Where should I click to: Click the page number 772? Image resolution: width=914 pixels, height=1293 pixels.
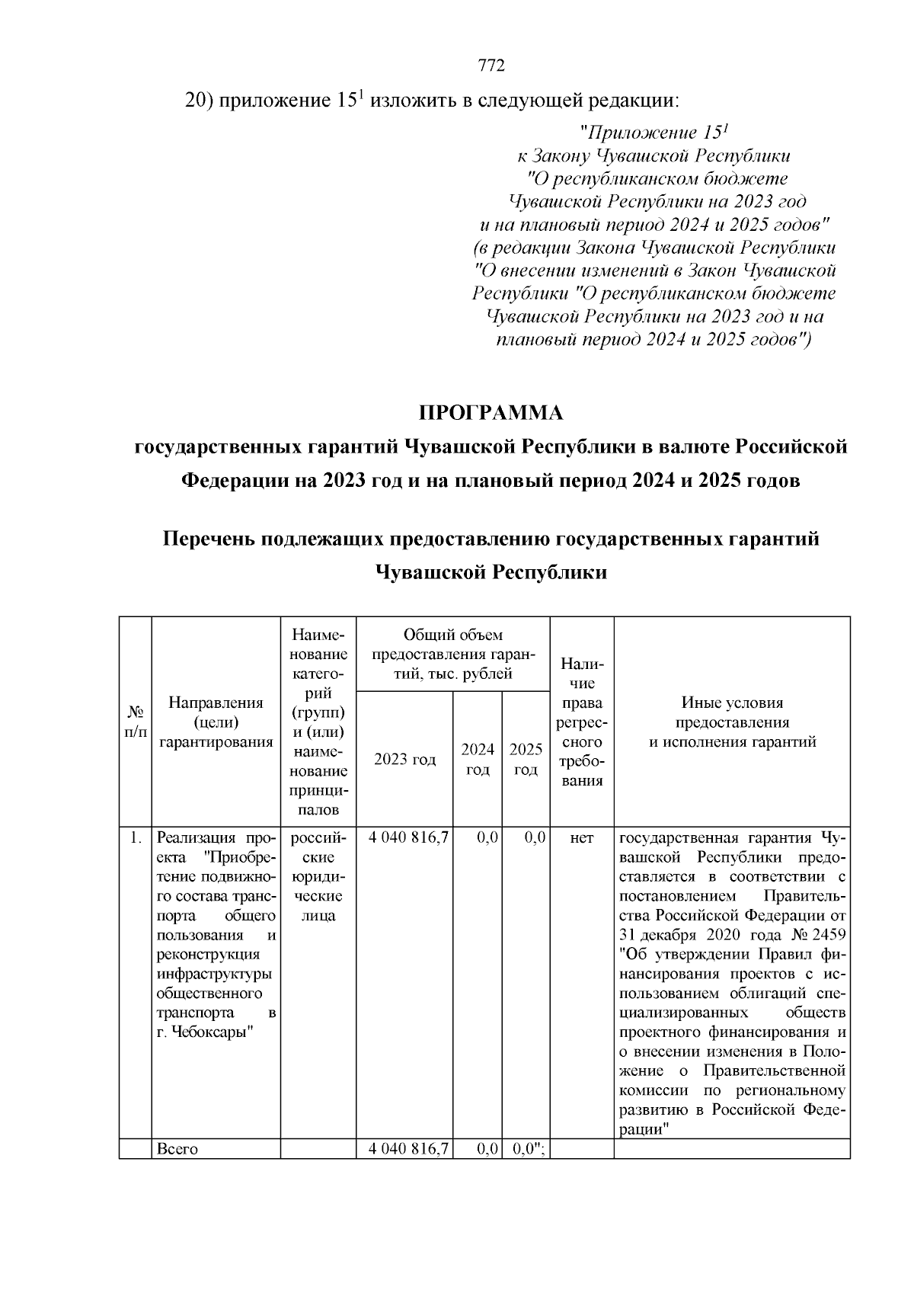(x=491, y=66)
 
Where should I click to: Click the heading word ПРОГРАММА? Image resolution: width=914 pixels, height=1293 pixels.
(x=491, y=413)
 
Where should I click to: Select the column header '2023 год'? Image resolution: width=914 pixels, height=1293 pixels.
(x=404, y=760)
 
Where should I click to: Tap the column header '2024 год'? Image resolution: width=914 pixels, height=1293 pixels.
(x=478, y=760)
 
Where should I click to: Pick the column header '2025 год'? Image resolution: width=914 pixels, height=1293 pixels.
(x=526, y=760)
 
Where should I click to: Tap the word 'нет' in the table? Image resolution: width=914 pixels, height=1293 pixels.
(x=581, y=838)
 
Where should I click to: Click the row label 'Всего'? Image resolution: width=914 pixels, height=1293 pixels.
(x=177, y=1149)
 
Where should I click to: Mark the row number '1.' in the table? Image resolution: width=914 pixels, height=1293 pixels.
(x=135, y=838)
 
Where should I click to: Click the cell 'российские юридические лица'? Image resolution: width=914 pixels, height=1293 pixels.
(x=318, y=877)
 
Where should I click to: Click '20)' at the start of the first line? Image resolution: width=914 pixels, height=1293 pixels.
(x=200, y=101)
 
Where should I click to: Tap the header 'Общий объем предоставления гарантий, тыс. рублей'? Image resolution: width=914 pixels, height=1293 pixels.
(x=453, y=654)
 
